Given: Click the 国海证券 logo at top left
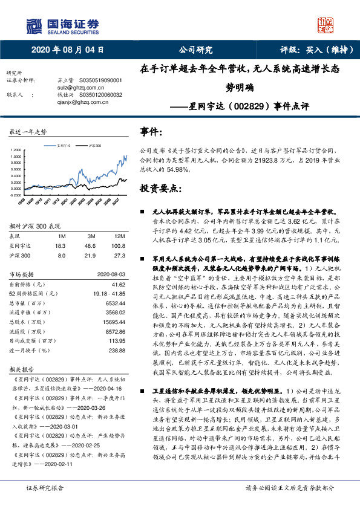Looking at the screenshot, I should tap(63, 25).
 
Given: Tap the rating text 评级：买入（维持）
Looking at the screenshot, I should tap(308, 50).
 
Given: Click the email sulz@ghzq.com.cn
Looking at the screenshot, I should tap(68, 88).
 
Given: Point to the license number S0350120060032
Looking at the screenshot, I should tap(101, 95).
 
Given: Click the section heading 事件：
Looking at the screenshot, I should tap(152, 131).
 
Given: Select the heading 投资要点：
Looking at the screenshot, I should tap(161, 188).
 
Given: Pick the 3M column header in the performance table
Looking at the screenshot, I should tap(91, 235).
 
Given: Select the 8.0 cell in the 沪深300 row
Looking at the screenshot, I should tap(60, 255).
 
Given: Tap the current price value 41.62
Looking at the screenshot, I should tap(117, 283).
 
